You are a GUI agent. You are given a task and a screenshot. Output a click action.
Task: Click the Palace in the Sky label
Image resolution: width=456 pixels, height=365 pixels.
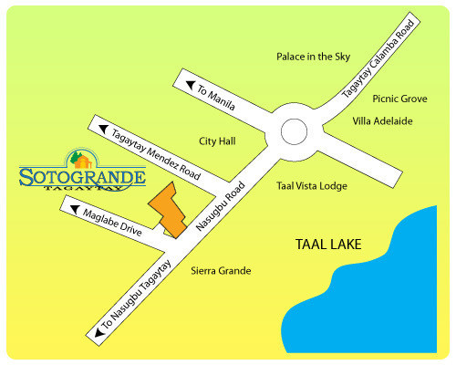[313, 57]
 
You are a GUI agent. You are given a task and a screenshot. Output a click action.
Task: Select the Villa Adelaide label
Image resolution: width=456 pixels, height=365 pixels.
[384, 120]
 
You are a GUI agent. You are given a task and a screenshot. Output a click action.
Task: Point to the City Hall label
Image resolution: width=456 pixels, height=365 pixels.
[217, 141]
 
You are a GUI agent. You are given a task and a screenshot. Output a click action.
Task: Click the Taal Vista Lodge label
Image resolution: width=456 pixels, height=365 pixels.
[312, 185]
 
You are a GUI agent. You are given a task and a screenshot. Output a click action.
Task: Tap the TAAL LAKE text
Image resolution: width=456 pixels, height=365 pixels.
[328, 245]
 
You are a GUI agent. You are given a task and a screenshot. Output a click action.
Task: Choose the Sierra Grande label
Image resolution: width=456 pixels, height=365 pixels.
[221, 271]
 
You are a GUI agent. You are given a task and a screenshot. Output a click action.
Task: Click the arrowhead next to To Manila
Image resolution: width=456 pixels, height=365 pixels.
[191, 87]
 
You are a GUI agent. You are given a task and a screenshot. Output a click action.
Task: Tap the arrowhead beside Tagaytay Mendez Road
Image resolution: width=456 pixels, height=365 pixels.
[104, 129]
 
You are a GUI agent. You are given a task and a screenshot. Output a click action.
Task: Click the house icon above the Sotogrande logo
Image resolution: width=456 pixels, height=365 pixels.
[80, 157]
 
